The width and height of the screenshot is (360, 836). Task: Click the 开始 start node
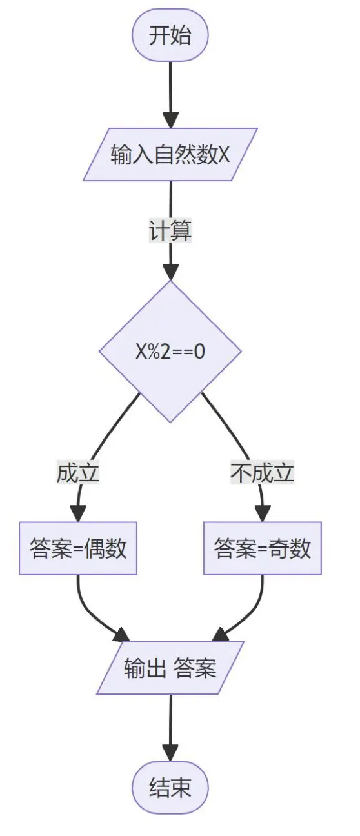point(170,35)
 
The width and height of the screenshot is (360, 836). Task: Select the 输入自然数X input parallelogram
point(170,154)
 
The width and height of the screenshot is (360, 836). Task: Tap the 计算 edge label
point(170,230)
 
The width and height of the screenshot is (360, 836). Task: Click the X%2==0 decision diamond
point(170,352)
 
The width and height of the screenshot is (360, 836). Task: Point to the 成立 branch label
point(78,473)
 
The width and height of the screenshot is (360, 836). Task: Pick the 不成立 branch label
point(262,473)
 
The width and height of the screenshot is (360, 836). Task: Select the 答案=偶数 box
point(78,548)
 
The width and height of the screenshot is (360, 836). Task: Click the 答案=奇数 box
point(262,548)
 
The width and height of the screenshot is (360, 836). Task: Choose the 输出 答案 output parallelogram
point(170,668)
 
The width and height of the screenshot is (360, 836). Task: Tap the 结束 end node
point(170,788)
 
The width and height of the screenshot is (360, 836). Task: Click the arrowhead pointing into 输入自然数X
point(170,121)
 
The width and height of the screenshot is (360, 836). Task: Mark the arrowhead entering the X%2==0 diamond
point(170,272)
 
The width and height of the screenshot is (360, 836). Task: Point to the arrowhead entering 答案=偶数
point(78,513)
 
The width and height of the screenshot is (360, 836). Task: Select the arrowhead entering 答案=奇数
point(262,513)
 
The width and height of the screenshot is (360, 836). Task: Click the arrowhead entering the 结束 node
point(170,752)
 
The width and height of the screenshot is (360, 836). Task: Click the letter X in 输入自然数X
point(224,155)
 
